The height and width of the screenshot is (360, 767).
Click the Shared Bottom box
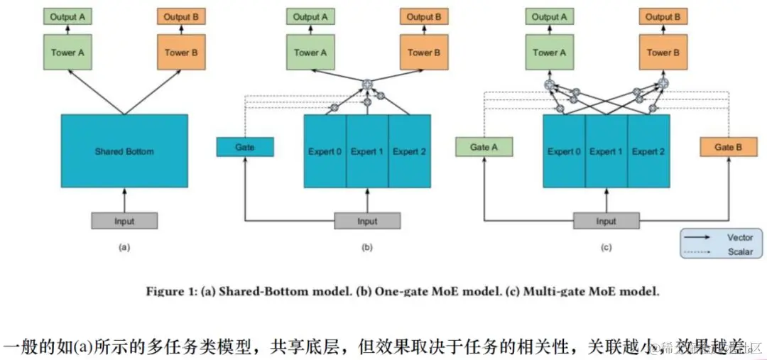124,151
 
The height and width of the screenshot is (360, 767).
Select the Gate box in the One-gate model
244,148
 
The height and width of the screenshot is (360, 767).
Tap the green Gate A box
483,148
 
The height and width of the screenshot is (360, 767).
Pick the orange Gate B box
728,148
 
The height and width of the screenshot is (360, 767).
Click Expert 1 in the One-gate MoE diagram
367,151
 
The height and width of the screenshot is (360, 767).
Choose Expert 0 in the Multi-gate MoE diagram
564,151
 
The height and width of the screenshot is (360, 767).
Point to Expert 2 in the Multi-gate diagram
648,151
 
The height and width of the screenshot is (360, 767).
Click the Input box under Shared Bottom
124,221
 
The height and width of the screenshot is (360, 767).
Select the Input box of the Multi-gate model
606,221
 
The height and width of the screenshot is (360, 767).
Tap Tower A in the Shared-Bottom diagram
67,52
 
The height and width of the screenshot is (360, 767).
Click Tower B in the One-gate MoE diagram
424,52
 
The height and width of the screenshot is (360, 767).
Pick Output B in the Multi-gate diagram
663,17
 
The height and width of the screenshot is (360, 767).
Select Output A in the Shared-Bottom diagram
67,17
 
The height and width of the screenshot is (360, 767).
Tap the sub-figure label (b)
367,247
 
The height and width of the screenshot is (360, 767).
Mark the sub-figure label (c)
606,247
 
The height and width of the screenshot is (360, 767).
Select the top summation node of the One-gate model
367,85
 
